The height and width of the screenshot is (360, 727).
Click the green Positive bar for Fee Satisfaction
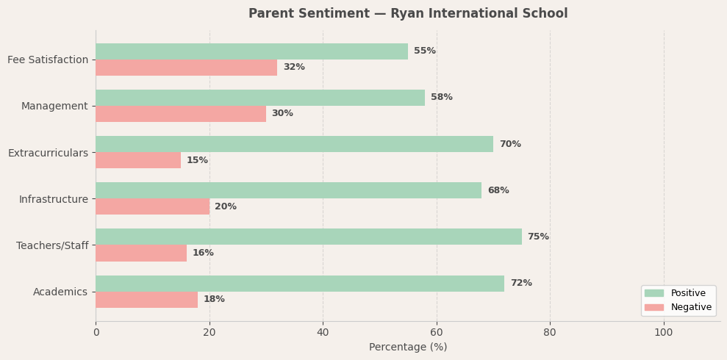click(x=251, y=51)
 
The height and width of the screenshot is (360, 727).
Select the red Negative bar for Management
click(x=181, y=114)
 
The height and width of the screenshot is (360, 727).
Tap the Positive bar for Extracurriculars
click(x=294, y=144)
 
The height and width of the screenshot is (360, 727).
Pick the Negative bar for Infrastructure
click(x=152, y=206)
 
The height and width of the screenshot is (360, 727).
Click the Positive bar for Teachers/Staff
click(x=309, y=237)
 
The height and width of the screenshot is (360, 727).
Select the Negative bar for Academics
click(x=146, y=300)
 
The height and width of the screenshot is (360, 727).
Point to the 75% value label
click(x=538, y=237)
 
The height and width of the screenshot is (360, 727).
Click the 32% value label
click(x=294, y=68)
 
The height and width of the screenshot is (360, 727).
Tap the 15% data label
click(x=197, y=160)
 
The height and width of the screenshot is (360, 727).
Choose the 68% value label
click(x=498, y=190)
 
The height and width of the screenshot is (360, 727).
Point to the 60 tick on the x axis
click(x=437, y=333)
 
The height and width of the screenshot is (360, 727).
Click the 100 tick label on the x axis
click(x=664, y=333)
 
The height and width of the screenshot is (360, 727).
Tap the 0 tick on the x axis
click(x=96, y=333)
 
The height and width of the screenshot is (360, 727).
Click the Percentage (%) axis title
click(x=408, y=348)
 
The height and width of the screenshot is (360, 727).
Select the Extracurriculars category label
click(x=48, y=153)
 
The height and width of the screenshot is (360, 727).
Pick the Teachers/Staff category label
click(x=52, y=245)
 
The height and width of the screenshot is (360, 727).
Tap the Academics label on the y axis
click(x=60, y=292)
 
